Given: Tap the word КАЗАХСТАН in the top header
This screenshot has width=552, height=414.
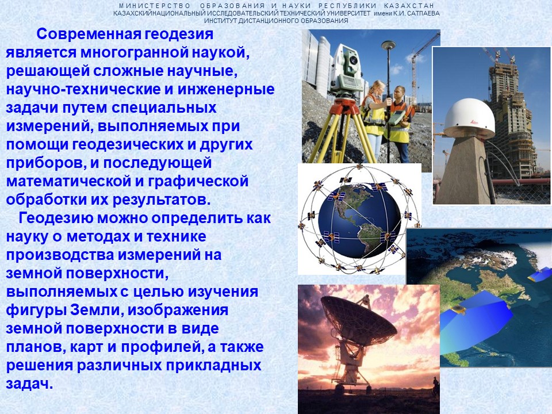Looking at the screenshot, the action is [409, 6].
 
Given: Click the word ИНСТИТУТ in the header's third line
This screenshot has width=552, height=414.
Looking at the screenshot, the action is [220, 21].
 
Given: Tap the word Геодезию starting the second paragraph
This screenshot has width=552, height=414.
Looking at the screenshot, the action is [56, 218].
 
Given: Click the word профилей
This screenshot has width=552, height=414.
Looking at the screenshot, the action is [161, 347].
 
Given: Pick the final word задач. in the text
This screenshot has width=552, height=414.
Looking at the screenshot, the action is [29, 384].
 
